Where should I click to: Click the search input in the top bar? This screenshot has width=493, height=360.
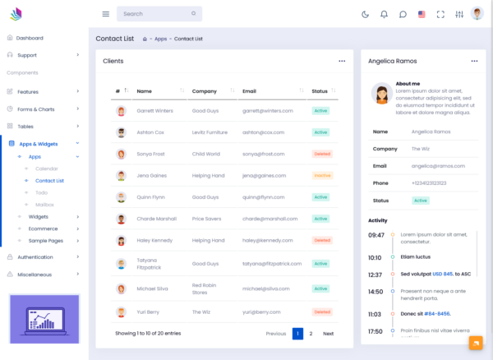(x=156, y=14)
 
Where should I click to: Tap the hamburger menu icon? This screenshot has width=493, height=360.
(x=105, y=14)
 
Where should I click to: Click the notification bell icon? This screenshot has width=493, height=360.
(x=384, y=14)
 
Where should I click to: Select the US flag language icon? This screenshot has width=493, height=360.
(x=422, y=14)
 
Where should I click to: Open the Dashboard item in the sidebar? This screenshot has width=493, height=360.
(x=30, y=38)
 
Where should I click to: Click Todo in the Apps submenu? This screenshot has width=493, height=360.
(x=41, y=192)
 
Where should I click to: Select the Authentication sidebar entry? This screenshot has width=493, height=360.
(x=35, y=256)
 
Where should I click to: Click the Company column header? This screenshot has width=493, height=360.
(x=205, y=91)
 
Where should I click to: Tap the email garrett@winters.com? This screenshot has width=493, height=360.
(x=267, y=110)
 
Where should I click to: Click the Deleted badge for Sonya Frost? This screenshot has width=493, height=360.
(x=321, y=154)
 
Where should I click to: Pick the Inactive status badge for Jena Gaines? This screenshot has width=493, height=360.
(x=321, y=175)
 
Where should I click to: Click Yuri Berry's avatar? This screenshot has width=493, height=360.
(x=121, y=312)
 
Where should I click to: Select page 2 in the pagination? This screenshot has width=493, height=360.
(x=311, y=334)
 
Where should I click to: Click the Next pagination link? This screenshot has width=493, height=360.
(x=328, y=334)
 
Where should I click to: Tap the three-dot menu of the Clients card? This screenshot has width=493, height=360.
(x=342, y=61)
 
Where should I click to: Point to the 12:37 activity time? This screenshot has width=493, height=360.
(x=375, y=275)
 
